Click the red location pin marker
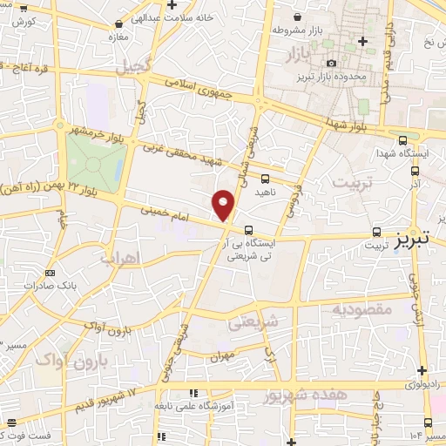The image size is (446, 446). click(x=224, y=206)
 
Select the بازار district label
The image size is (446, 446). click(x=298, y=57)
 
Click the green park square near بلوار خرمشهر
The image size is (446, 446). click(x=95, y=163)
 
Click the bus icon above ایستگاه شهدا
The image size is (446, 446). click(x=402, y=139)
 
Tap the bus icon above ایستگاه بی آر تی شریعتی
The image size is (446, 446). click(x=250, y=231)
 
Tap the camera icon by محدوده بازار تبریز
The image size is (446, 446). click(x=332, y=63)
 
